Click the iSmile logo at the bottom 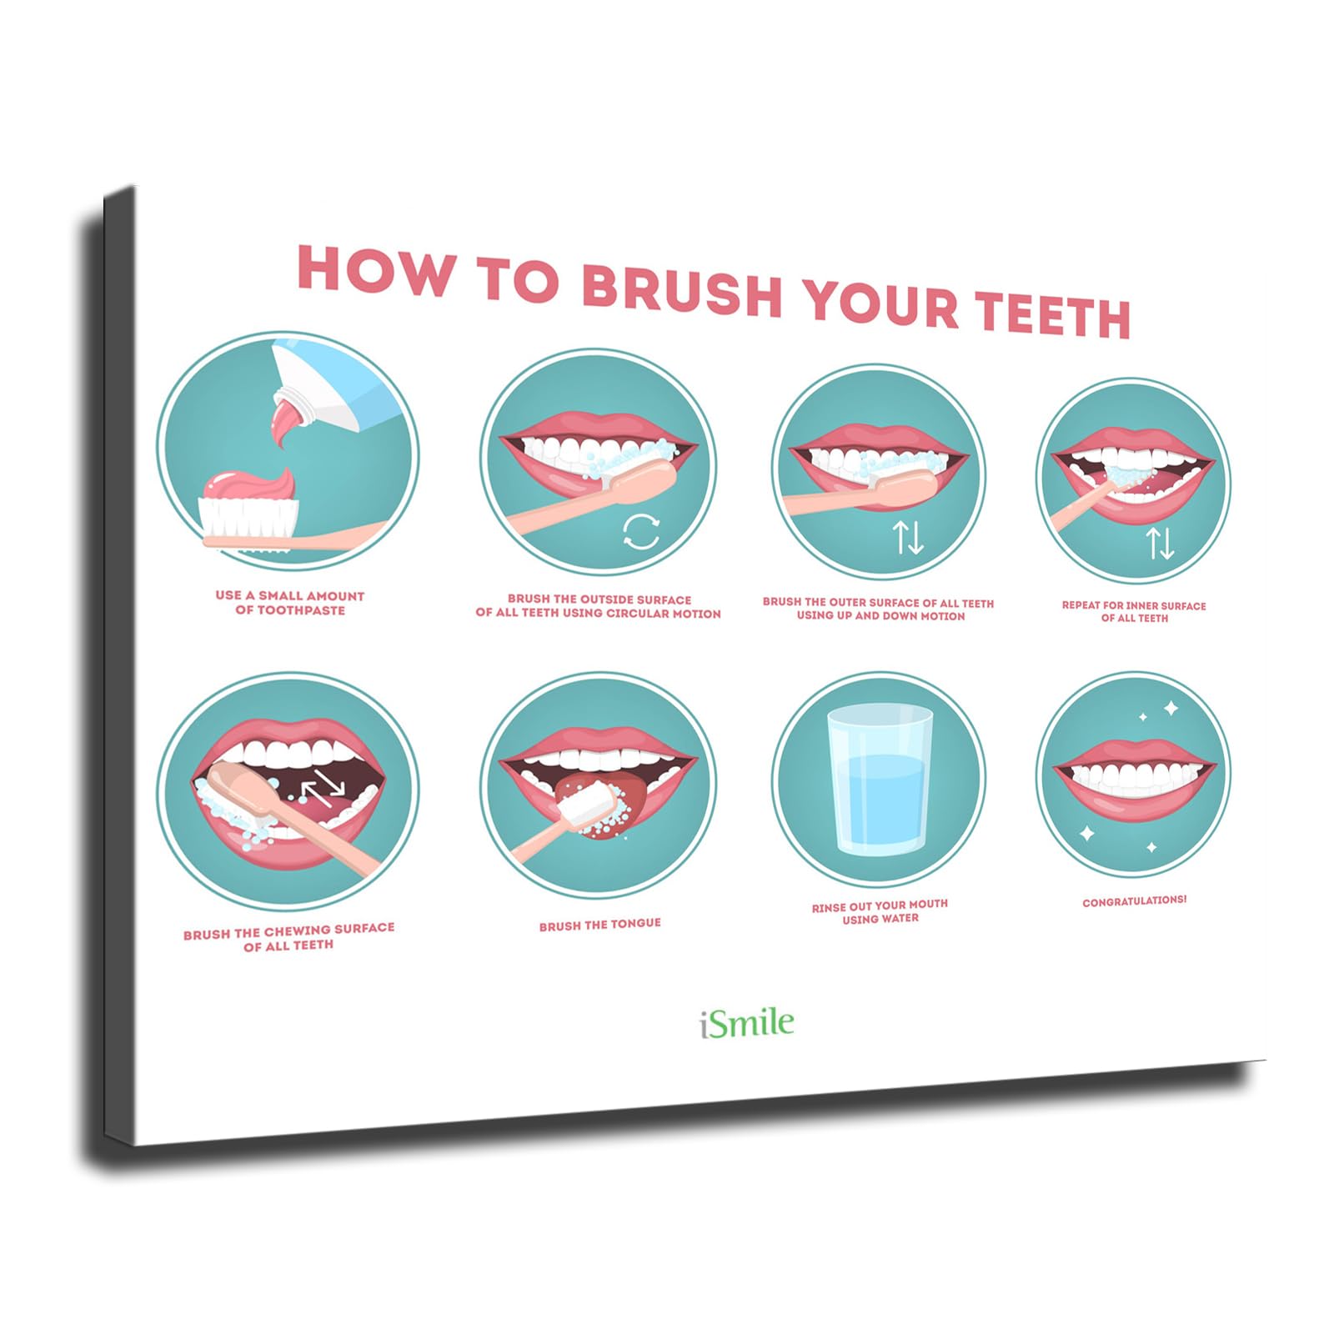tap(747, 1023)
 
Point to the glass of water tap(880, 780)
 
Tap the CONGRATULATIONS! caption tap(1134, 901)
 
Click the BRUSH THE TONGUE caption tap(599, 925)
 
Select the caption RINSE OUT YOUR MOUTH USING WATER tap(880, 911)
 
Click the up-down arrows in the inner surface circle tap(1160, 543)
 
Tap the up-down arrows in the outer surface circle tap(908, 537)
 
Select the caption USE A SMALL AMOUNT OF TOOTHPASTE tap(289, 603)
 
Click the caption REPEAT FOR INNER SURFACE tap(1134, 611)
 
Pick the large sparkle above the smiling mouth tap(1171, 708)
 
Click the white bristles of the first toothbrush tap(249, 518)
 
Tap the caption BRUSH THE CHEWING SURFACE tap(288, 937)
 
